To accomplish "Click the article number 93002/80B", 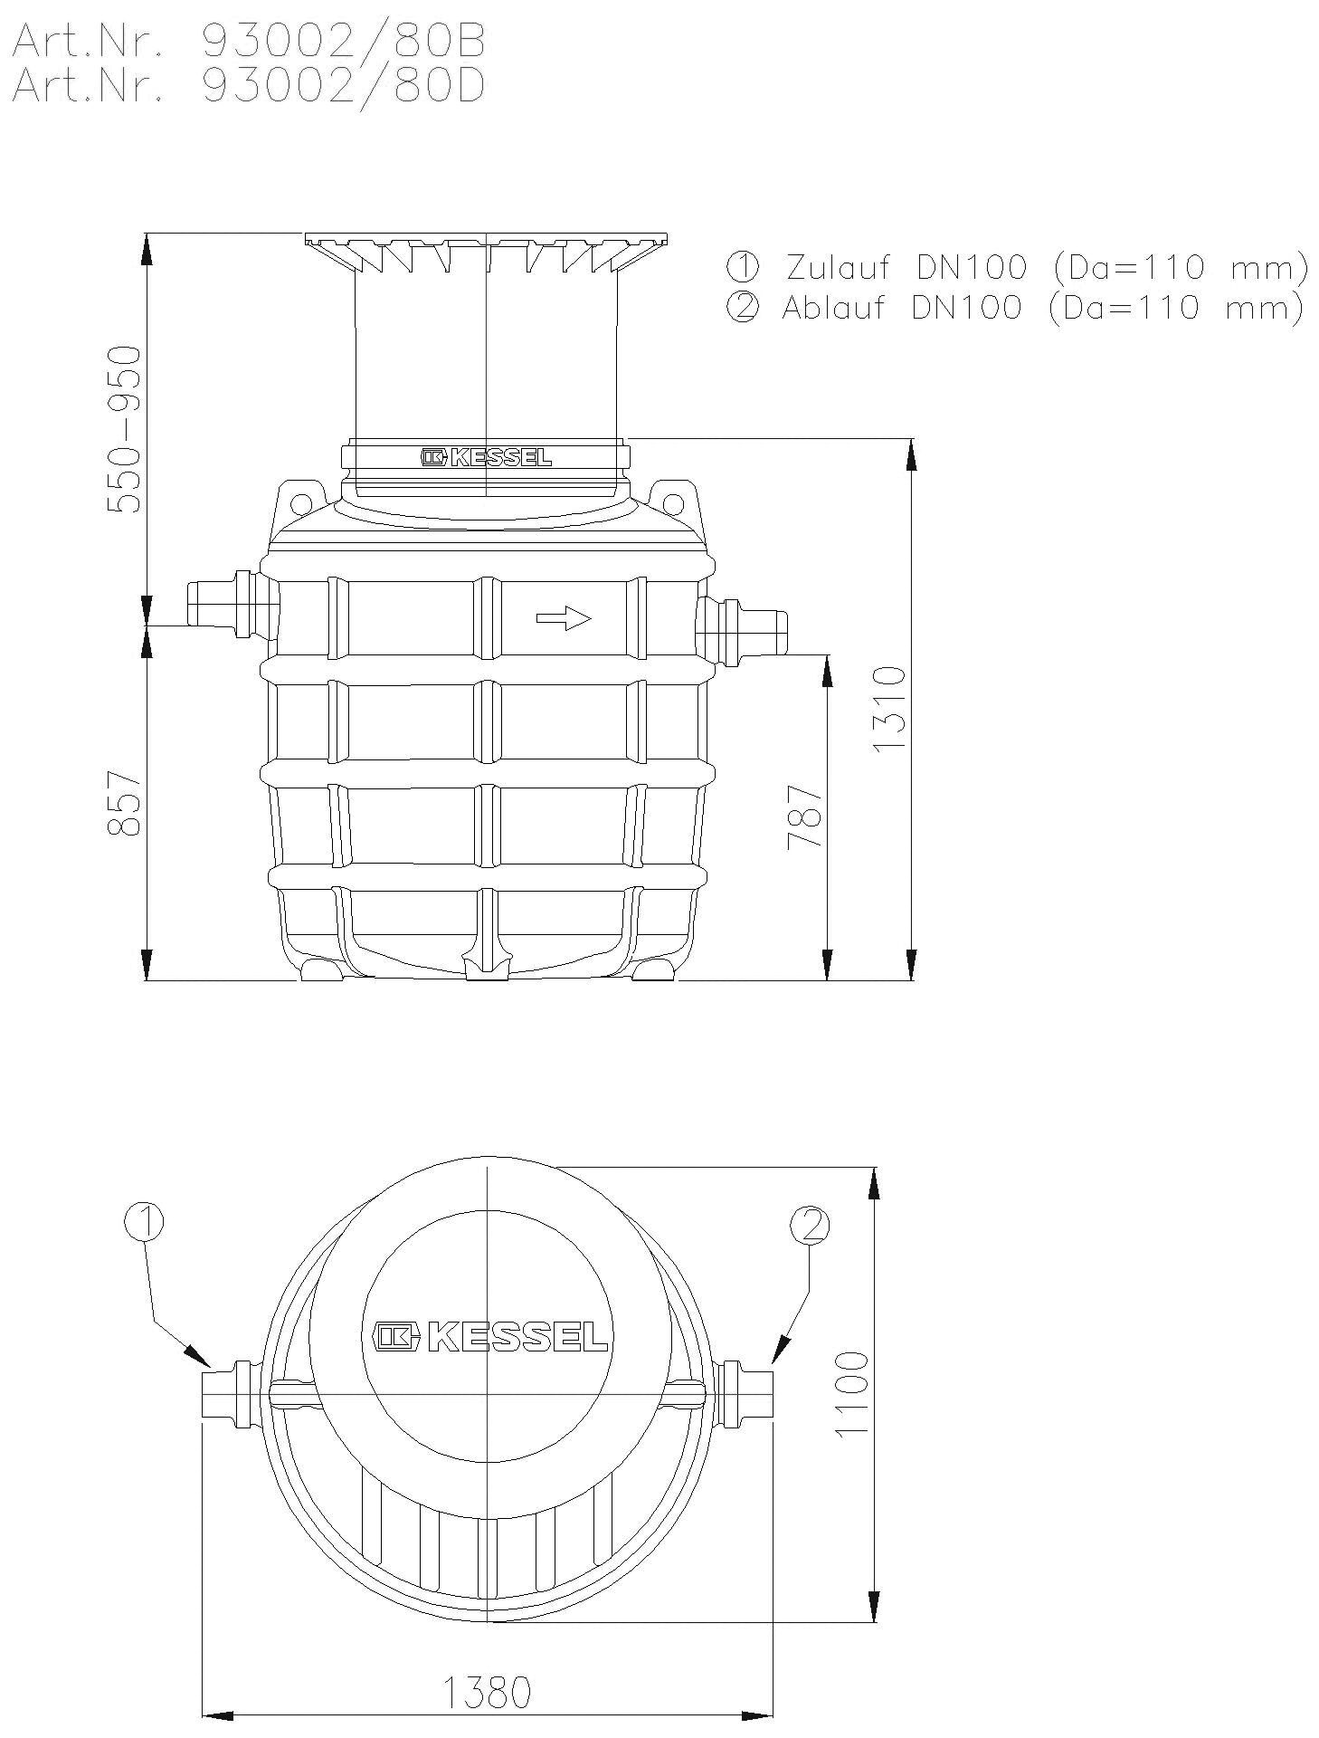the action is click(343, 40).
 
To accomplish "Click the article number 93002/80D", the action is click(343, 86).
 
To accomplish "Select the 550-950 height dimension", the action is click(124, 429).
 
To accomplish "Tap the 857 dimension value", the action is click(124, 804).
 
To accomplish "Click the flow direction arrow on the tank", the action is click(564, 618).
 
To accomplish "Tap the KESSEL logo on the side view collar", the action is click(486, 457).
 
